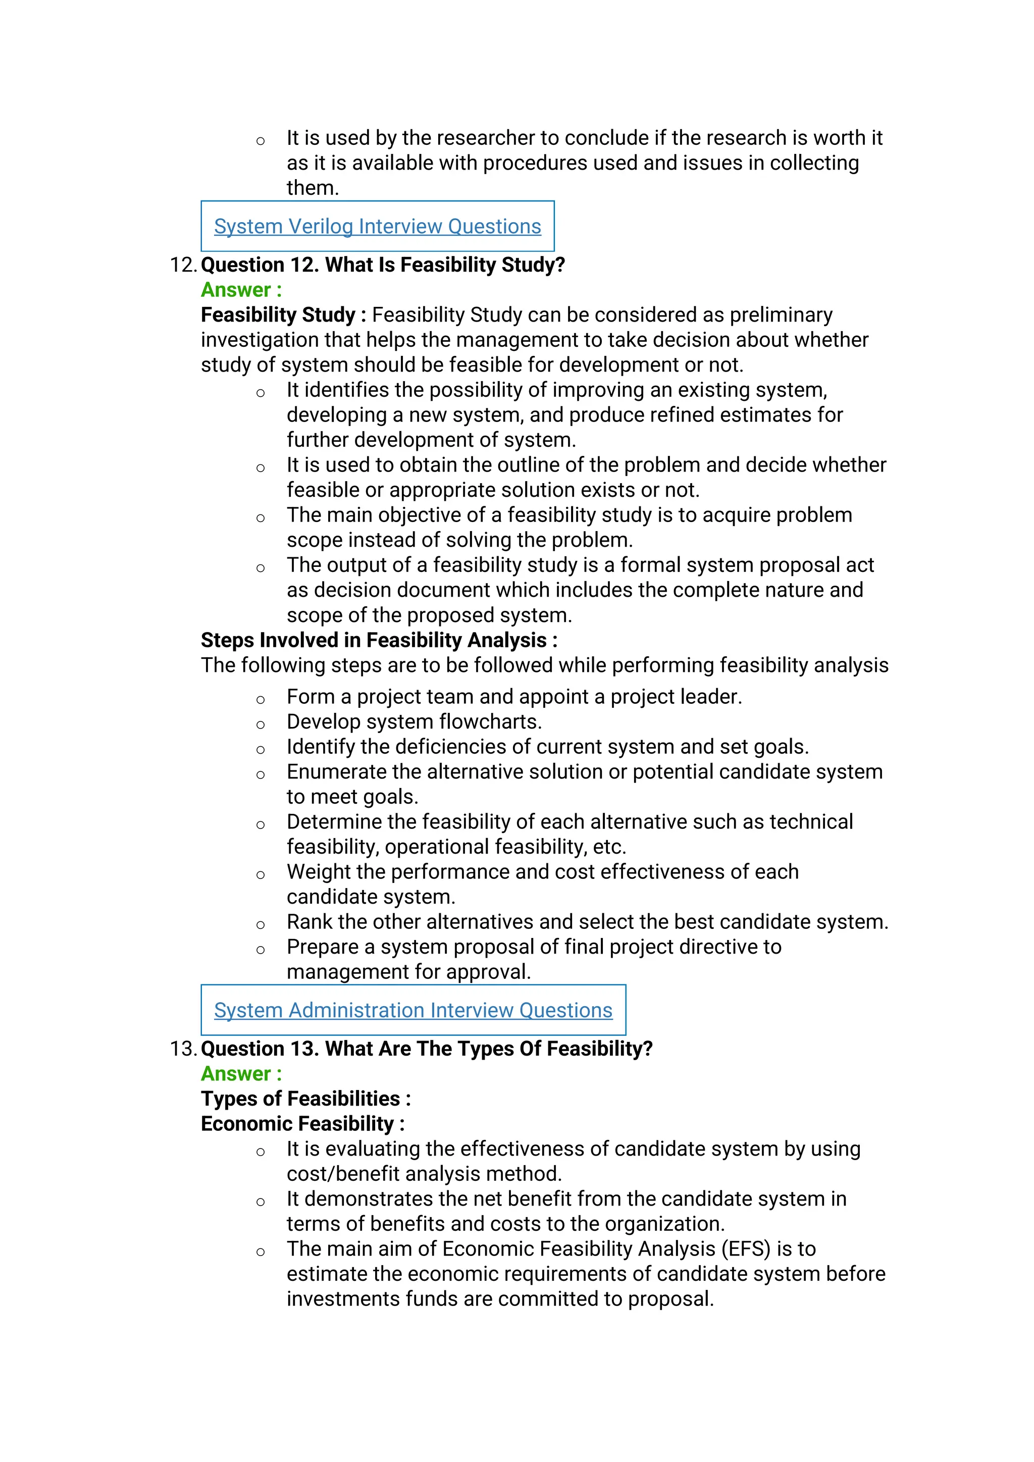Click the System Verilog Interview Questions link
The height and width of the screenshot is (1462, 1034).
(377, 226)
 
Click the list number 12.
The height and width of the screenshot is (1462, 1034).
(183, 265)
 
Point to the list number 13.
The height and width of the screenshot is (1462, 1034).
(183, 1049)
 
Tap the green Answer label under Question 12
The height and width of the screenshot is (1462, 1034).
(241, 290)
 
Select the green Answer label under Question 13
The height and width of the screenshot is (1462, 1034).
(241, 1074)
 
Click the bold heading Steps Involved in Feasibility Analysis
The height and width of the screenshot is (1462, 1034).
(379, 640)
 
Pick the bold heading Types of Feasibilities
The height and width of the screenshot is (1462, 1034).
(305, 1099)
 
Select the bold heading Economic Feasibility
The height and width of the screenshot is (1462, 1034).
(302, 1123)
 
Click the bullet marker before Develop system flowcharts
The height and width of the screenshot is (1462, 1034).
(261, 724)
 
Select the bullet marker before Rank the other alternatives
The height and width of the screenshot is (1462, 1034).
(261, 924)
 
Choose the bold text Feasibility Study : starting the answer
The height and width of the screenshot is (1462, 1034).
(283, 315)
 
